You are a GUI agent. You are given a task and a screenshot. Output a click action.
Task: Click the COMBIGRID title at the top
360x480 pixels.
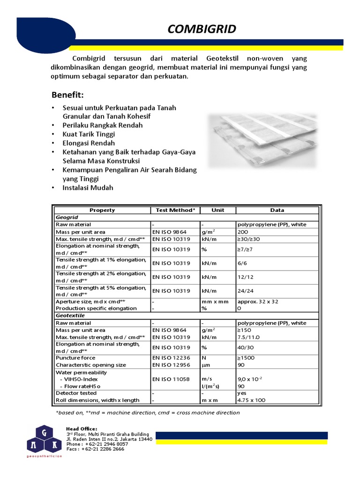click(x=202, y=30)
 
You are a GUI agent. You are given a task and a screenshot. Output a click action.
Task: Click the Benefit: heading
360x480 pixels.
click(x=67, y=95)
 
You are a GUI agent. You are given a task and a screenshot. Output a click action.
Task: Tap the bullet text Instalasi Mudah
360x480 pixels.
click(x=88, y=187)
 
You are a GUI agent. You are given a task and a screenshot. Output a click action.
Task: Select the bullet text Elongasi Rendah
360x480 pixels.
click(x=89, y=143)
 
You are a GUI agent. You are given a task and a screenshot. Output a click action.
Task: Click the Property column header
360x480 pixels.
click(x=102, y=210)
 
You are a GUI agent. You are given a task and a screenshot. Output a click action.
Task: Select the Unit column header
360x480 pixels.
click(x=217, y=210)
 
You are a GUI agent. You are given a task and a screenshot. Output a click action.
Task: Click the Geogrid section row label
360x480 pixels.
click(x=67, y=217)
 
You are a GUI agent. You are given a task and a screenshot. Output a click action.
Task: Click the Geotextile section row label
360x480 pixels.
click(x=69, y=316)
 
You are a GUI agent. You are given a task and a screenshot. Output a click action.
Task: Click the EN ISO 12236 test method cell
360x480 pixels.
click(x=171, y=358)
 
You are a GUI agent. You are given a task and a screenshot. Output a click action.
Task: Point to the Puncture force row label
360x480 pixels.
click(x=75, y=358)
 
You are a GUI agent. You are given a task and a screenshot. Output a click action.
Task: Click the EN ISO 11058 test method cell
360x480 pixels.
click(x=171, y=379)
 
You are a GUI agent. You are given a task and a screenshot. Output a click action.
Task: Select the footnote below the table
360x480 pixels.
click(x=148, y=412)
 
